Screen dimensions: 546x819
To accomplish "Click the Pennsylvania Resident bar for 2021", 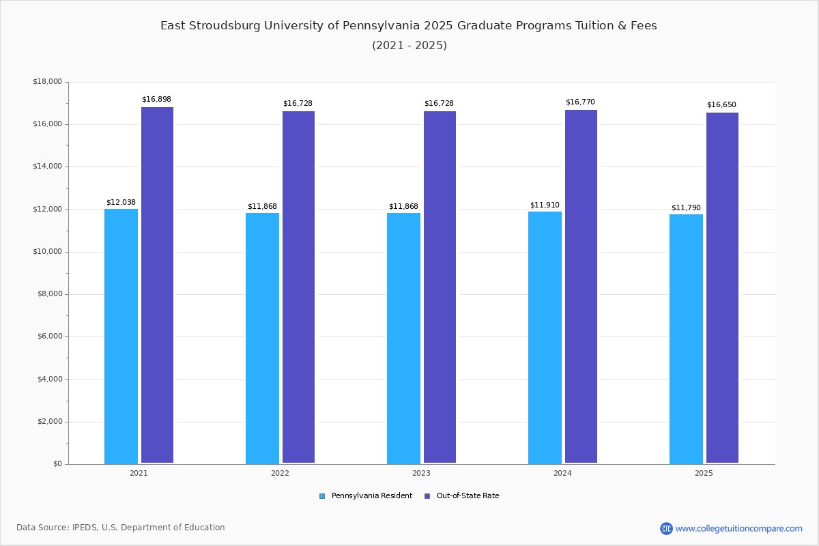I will tap(121, 336).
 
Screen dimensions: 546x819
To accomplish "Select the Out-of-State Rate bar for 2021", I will tap(157, 285).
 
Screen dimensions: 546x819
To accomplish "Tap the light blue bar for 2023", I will tap(403, 338).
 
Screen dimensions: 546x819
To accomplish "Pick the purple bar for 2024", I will tap(581, 287).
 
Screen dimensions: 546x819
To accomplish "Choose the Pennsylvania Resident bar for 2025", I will tap(686, 339).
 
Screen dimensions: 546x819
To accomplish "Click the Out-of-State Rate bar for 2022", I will tap(298, 287).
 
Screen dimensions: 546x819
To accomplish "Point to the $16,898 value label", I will tap(156, 100).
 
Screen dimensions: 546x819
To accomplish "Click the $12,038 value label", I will tap(121, 203).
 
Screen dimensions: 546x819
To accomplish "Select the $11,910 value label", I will tap(545, 205).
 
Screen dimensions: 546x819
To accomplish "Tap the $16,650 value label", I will tap(721, 105).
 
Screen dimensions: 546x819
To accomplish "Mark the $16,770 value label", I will tap(580, 102).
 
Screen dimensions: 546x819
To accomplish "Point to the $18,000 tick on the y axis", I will tap(47, 82).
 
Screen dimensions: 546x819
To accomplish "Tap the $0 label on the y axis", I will tap(57, 464).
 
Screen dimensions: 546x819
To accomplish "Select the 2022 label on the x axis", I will tap(280, 473).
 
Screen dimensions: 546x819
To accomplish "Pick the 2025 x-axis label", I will tap(704, 473).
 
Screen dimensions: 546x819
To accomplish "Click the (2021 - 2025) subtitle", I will tap(409, 46).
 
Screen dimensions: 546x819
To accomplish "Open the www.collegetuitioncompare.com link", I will tap(738, 528).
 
